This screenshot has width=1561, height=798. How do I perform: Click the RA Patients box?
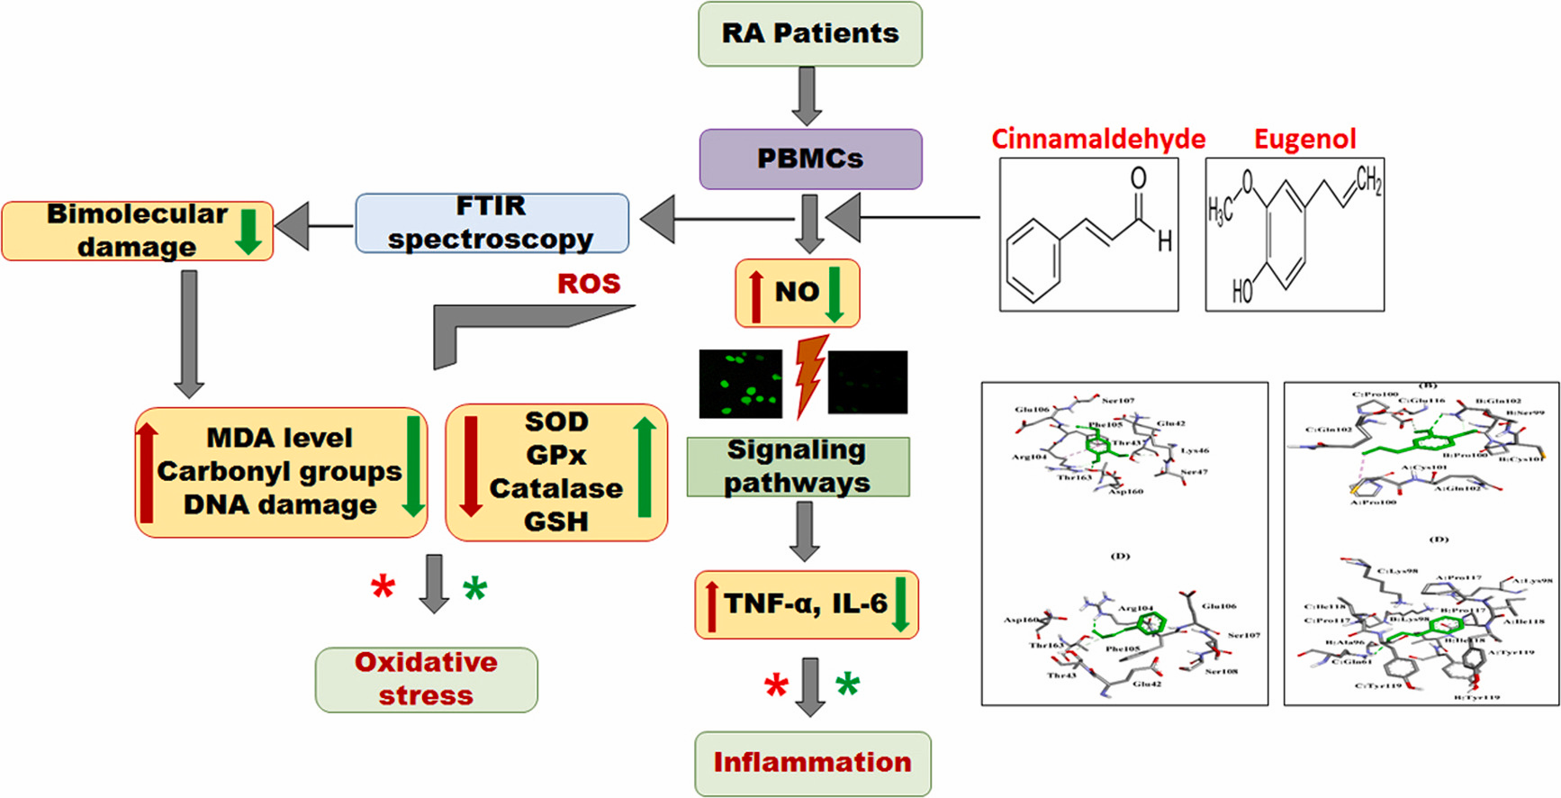coord(810,34)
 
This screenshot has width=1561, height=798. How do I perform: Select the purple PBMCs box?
coord(810,159)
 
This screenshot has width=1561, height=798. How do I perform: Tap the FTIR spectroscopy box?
coord(492,222)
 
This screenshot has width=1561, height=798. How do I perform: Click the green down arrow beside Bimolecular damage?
coord(248,231)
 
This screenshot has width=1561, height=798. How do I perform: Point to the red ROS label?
coord(589,284)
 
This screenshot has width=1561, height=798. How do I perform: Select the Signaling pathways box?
coord(798,467)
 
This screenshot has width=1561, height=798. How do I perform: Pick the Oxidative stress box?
coord(426,680)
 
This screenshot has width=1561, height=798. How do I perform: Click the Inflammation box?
coord(812,763)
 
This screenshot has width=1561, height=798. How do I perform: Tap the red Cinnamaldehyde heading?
coord(1098,139)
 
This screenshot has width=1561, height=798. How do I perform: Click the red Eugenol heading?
coord(1304,139)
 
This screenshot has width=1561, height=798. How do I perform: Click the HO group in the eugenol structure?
coord(1242,291)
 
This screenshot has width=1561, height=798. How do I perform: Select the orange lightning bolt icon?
coord(810,375)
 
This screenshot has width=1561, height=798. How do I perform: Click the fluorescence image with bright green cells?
coord(741,385)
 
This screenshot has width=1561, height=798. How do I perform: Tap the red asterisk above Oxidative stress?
coord(383,587)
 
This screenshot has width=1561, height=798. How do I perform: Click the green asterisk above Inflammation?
coord(847,685)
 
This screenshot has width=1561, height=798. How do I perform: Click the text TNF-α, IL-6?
coord(806,603)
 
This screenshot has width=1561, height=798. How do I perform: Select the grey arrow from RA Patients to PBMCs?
coord(807,95)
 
